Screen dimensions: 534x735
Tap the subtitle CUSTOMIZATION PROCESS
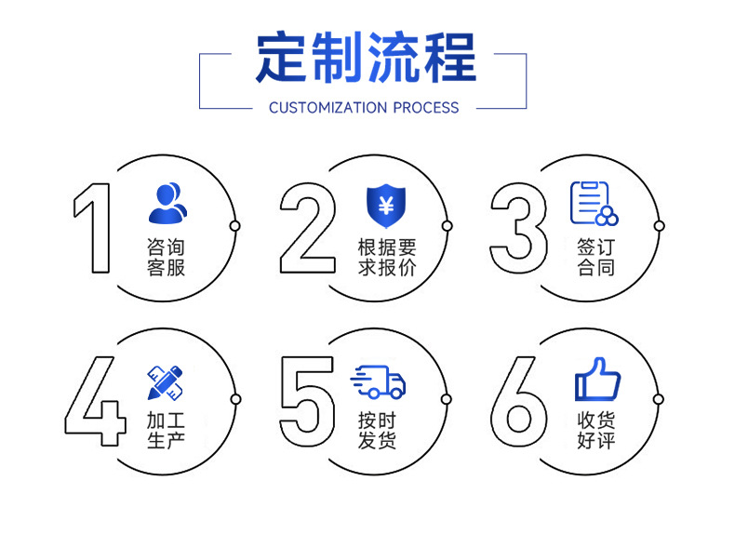[364, 107]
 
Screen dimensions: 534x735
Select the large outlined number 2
[308, 228]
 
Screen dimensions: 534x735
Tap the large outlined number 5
[306, 401]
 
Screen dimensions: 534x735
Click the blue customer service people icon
[167, 204]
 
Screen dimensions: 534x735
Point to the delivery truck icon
[378, 381]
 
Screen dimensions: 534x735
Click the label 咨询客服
[166, 258]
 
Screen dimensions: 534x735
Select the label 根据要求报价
[386, 258]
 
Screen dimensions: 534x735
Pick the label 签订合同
[595, 258]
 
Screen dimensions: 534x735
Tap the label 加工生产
[166, 429]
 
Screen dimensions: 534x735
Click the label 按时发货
[378, 429]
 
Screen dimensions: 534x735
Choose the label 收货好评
[595, 429]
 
